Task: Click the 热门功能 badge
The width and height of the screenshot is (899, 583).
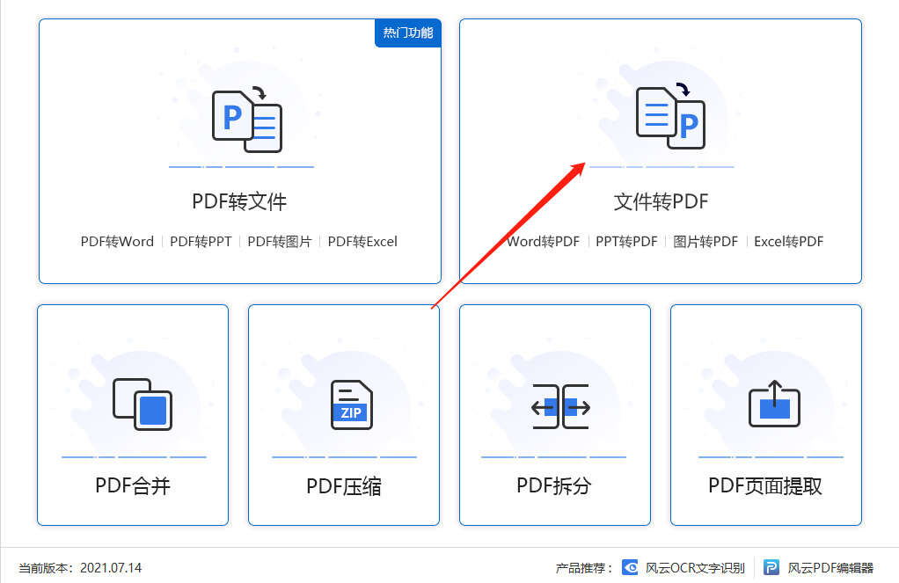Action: pos(407,33)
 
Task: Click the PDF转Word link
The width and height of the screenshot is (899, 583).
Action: pos(117,241)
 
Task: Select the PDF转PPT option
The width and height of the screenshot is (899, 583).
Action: pos(201,241)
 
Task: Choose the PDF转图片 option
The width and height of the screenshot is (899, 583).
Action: pos(279,241)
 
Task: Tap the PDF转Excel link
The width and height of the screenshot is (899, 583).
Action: pos(362,241)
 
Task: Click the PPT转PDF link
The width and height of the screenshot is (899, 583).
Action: pos(626,241)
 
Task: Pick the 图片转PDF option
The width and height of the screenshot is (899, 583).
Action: pos(705,241)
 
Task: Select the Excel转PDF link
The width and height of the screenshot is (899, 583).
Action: pos(788,241)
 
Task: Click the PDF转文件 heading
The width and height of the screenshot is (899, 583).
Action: pos(239,201)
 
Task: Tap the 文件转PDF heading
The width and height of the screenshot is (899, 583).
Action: pos(661,201)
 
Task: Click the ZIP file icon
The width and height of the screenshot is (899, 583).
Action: pos(352,404)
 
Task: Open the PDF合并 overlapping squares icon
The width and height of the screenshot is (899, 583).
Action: pos(143,404)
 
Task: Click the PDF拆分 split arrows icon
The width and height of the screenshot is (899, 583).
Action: pos(560,406)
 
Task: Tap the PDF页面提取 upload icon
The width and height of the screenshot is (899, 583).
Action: pos(774,404)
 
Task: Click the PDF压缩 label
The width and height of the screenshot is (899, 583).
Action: pos(343,486)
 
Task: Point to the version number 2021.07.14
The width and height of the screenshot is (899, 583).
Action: pos(111,567)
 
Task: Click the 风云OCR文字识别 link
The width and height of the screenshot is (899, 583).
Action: pos(683,567)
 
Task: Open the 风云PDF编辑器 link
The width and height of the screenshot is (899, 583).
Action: pos(818,567)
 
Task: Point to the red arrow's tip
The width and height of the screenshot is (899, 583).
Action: pos(585,164)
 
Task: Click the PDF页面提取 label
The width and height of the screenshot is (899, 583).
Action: pos(764,486)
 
